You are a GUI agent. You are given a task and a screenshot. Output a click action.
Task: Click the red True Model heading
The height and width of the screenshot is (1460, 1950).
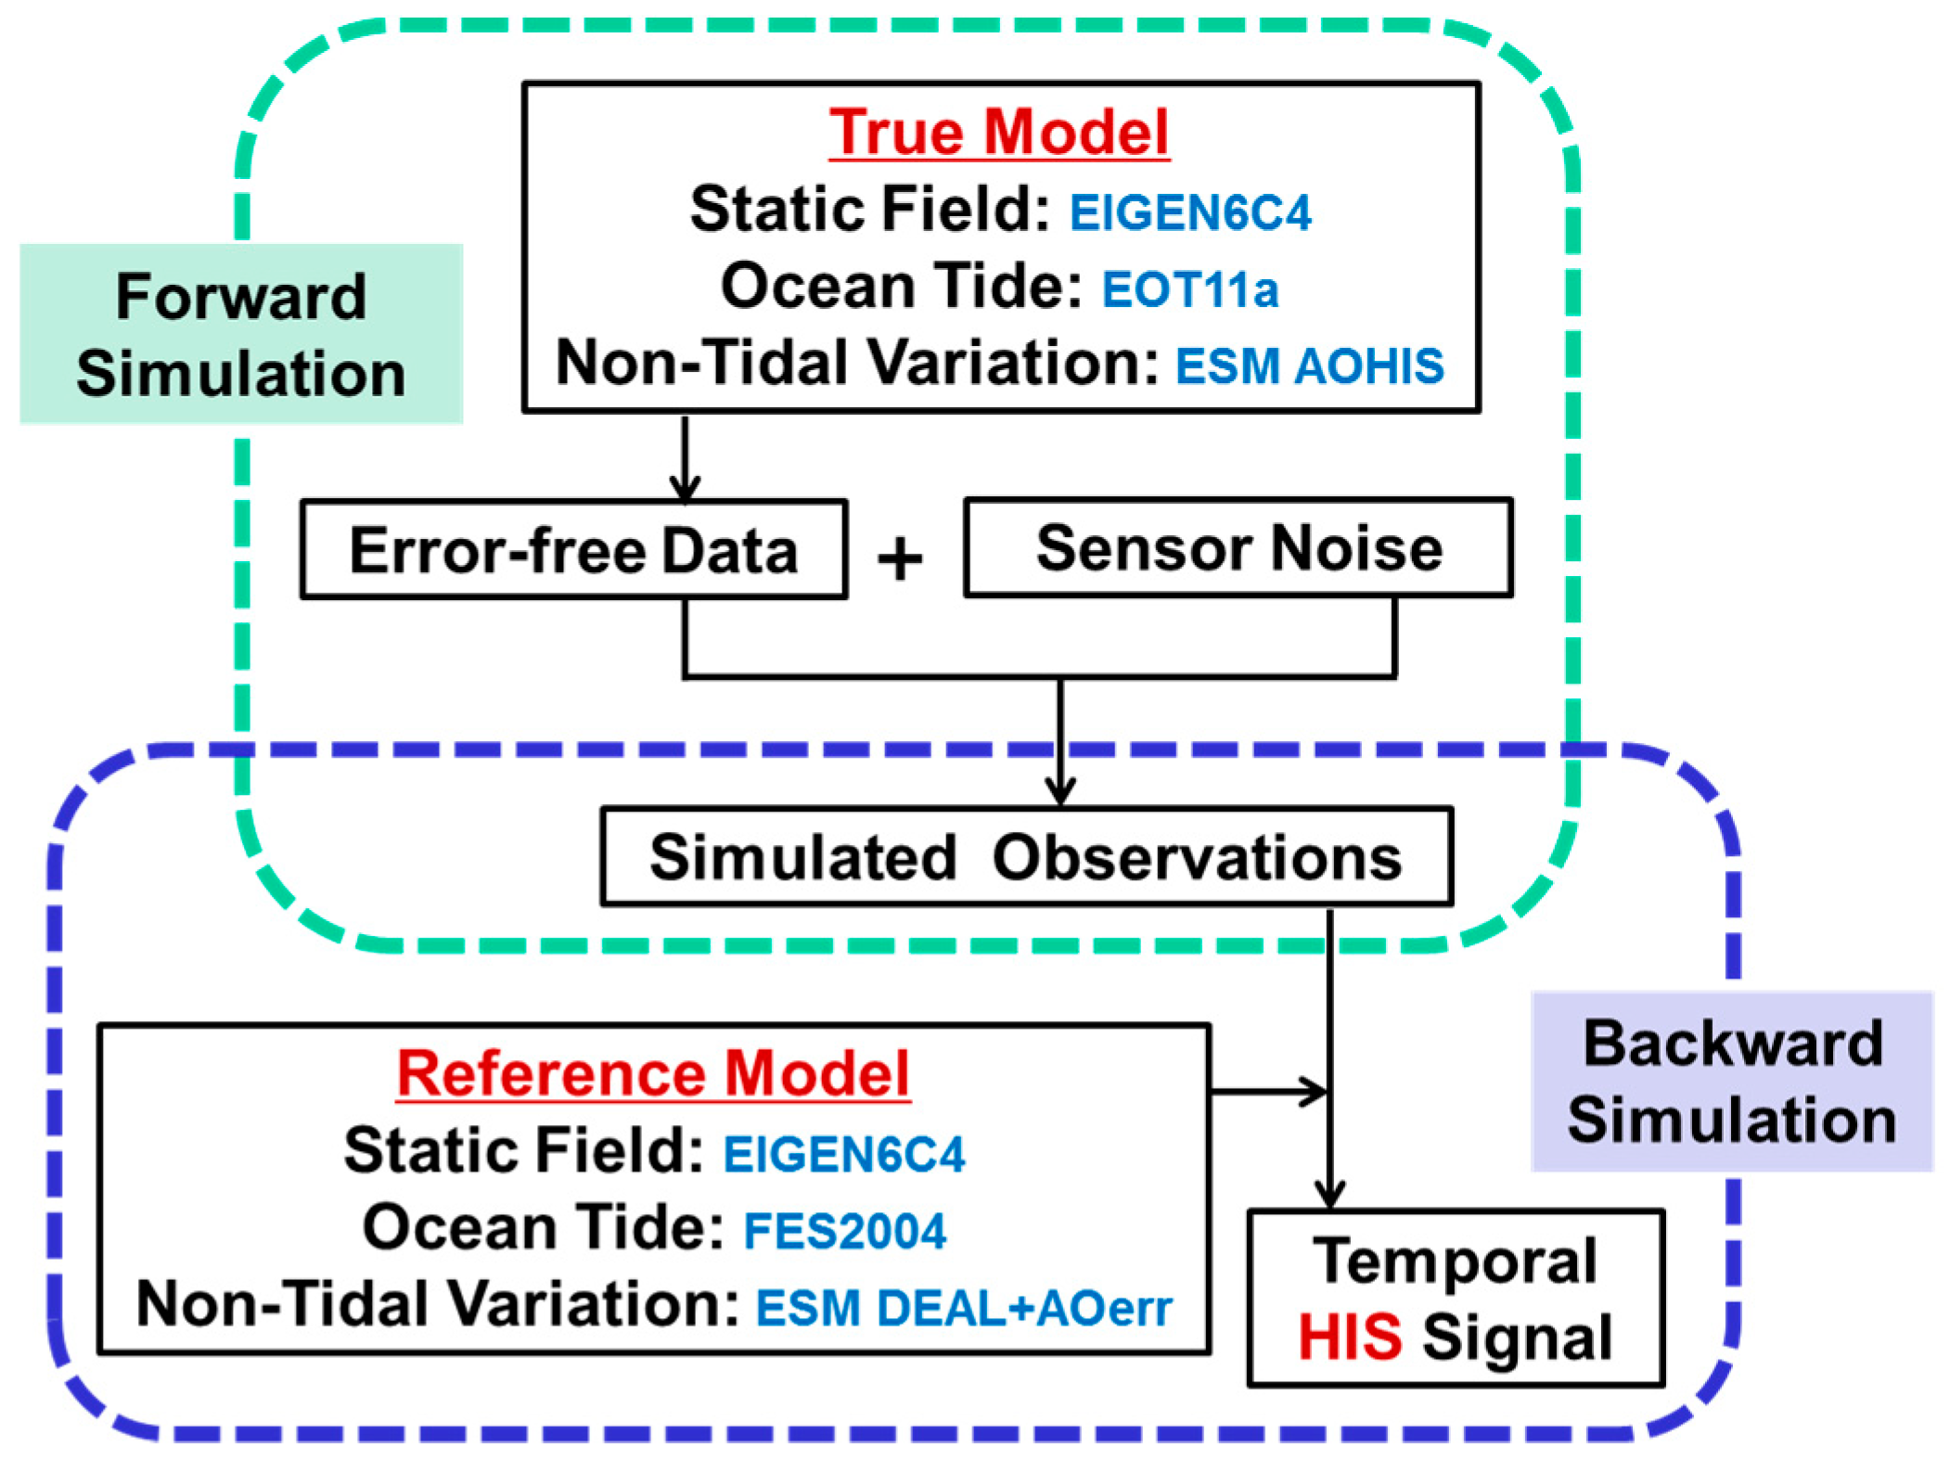[x=998, y=132]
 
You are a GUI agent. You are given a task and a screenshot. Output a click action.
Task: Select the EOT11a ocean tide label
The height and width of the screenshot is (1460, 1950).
[x=1189, y=289]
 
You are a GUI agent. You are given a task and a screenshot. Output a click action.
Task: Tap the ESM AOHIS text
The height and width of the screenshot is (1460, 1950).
[x=1309, y=365]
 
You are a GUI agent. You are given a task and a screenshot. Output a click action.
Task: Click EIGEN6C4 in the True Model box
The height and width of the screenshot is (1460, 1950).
[x=1189, y=212]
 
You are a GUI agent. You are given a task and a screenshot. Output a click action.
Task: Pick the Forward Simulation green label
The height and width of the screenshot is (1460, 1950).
[x=240, y=334]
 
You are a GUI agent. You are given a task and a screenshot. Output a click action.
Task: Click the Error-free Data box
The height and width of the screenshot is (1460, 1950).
[x=573, y=550]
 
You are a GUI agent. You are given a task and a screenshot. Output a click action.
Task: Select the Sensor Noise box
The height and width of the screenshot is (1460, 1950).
[x=1238, y=547]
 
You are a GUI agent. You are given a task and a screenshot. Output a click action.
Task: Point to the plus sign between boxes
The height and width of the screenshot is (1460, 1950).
[x=899, y=559]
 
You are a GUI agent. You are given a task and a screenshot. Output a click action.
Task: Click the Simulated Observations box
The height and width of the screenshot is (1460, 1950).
[x=1026, y=856]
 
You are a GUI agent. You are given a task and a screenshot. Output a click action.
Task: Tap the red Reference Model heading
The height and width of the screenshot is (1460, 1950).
[x=652, y=1073]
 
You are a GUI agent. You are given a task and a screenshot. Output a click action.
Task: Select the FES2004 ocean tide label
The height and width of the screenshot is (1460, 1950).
[x=844, y=1231]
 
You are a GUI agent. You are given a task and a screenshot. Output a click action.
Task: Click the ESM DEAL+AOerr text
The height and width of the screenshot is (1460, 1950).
[x=963, y=1308]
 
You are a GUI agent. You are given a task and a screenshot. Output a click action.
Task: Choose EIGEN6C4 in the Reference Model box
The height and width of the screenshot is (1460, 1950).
[x=843, y=1154]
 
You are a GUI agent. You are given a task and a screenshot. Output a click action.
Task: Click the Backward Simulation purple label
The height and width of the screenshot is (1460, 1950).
[x=1731, y=1081]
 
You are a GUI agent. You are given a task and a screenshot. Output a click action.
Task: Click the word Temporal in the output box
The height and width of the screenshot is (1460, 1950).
[x=1455, y=1261]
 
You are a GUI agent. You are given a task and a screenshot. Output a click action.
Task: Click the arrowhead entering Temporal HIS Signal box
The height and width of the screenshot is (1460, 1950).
[x=1329, y=1193]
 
